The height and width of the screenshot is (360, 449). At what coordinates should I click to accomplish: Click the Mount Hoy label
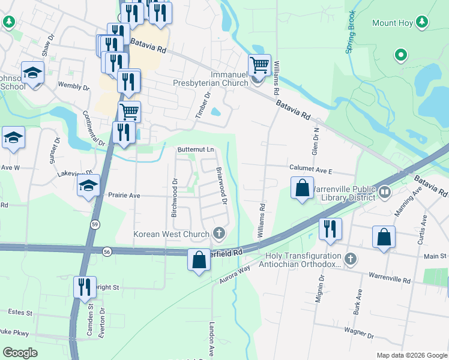393,23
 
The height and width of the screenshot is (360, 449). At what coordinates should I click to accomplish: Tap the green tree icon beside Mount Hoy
422,22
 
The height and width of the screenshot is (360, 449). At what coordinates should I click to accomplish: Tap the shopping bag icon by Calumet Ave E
302,187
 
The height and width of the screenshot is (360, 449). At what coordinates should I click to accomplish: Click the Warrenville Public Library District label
342,193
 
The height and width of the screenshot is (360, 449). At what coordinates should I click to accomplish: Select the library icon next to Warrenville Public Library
385,193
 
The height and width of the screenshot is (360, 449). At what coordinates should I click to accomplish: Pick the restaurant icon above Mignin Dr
330,229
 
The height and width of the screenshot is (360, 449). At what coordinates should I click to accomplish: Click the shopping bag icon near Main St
384,237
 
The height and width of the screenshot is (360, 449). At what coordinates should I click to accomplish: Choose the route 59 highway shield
95,224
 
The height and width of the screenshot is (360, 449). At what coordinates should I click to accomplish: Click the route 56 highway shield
107,251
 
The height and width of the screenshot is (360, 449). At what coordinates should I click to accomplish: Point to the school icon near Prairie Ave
88,185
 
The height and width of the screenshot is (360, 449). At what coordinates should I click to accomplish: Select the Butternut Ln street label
195,149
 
